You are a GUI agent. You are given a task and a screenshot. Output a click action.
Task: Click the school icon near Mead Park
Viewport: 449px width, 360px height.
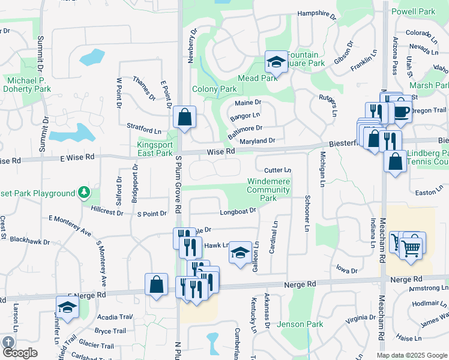pyautogui.click(x=276, y=61)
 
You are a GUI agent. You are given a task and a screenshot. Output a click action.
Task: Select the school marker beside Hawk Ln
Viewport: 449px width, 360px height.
pyautogui.click(x=241, y=254)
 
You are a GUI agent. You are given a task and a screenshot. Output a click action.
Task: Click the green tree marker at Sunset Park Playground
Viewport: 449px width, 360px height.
pyautogui.click(x=85, y=193)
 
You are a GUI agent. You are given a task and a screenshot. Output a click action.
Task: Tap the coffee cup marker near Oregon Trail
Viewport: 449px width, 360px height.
pyautogui.click(x=402, y=111)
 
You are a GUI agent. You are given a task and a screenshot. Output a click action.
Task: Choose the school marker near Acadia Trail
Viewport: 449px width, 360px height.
pyautogui.click(x=68, y=307)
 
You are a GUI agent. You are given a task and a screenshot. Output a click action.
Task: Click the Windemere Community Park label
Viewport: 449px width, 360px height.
pyautogui.click(x=268, y=190)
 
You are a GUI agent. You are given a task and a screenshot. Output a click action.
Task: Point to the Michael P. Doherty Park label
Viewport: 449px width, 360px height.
pyautogui.click(x=25, y=84)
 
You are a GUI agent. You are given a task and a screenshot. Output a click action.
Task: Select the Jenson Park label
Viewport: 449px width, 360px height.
pyautogui.click(x=300, y=324)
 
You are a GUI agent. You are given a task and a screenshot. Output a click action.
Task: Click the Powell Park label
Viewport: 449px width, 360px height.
pyautogui.click(x=413, y=11)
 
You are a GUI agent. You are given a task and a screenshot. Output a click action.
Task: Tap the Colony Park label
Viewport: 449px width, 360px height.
pyautogui.click(x=214, y=89)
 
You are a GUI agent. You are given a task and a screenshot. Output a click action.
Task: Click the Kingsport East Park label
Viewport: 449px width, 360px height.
pyautogui.click(x=155, y=149)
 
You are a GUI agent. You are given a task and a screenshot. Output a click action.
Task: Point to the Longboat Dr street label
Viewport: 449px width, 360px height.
pyautogui.click(x=238, y=211)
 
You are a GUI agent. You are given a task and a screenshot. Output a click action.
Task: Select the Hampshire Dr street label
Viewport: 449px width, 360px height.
pyautogui.click(x=316, y=13)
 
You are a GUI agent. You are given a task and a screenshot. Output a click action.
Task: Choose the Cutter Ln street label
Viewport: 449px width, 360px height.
pyautogui.click(x=277, y=170)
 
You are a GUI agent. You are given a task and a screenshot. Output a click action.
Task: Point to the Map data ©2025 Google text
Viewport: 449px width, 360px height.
pyautogui.click(x=412, y=355)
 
